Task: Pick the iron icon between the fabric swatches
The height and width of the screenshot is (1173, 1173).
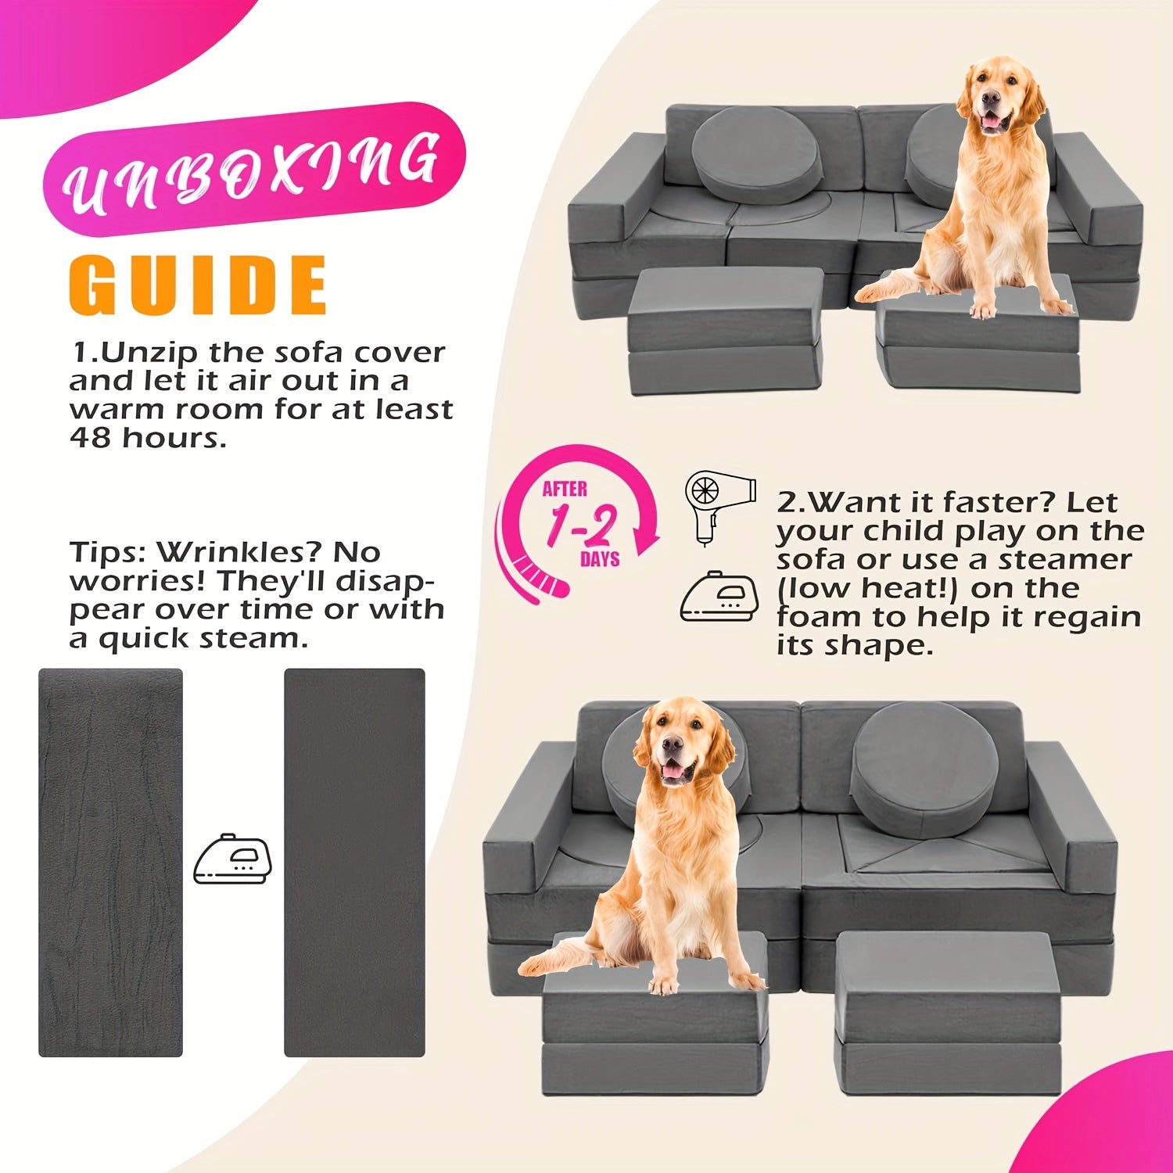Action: tap(233, 858)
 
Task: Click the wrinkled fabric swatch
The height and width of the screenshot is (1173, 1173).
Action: tap(110, 863)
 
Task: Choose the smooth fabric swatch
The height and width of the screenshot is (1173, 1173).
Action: tap(354, 863)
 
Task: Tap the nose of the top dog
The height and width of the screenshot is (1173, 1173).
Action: tap(991, 99)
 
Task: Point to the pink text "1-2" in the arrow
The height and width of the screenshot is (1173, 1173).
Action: tap(582, 526)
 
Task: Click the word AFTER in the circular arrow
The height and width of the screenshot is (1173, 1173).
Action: tap(565, 490)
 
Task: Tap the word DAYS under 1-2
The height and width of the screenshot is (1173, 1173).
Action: tap(600, 559)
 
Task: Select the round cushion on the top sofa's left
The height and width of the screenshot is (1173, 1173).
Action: tap(755, 154)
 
